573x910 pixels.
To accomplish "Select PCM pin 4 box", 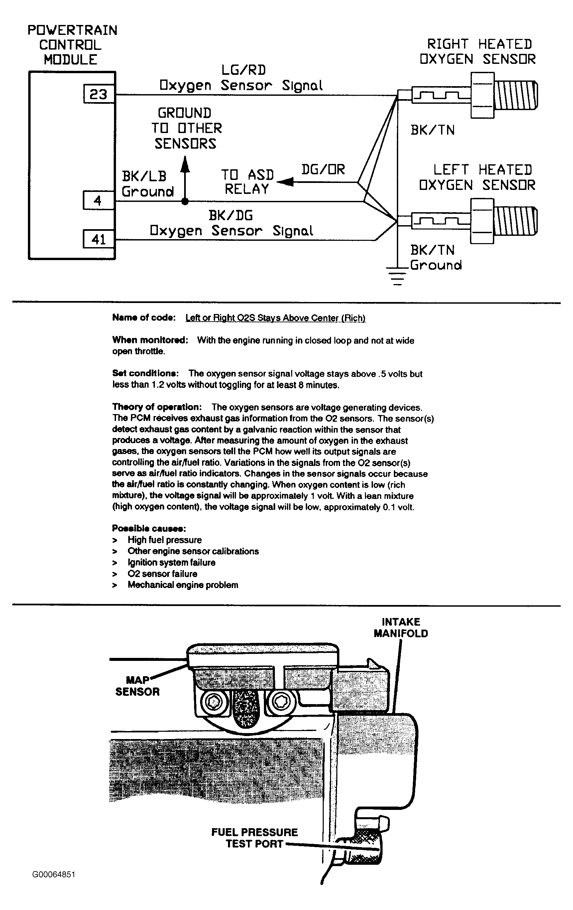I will tap(98, 200).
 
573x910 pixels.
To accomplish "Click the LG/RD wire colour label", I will tap(243, 70).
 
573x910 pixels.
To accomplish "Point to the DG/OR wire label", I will tap(323, 169).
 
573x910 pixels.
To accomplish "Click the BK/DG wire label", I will tap(230, 216).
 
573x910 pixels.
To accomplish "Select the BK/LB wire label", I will tap(144, 176).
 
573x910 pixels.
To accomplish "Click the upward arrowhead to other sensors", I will tap(185, 163).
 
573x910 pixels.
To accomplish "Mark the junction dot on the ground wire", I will tap(185, 202).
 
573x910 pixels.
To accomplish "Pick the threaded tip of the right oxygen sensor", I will tap(516, 95).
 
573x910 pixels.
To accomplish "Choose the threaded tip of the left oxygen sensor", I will tap(516, 221).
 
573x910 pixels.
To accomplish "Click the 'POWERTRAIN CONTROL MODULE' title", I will tap(72, 45).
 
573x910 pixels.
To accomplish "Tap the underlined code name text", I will tap(275, 318).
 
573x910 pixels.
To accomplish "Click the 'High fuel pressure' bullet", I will tap(164, 540).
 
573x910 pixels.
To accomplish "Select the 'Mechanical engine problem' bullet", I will tap(183, 585).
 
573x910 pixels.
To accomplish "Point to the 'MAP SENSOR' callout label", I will tap(138, 685).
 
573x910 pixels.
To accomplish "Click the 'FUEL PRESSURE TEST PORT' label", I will tap(254, 837).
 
